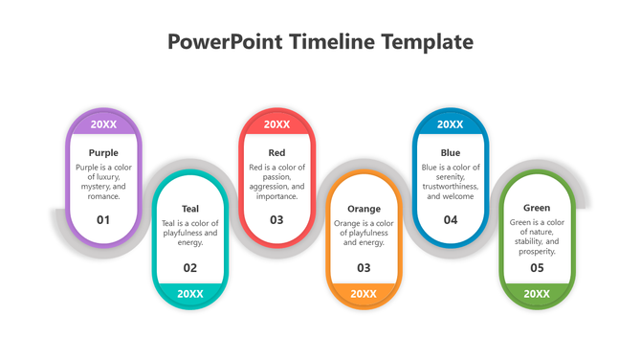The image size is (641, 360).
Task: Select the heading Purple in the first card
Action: coord(103,152)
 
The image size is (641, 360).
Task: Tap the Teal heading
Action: coord(190,208)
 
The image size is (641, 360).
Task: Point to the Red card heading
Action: coord(276,152)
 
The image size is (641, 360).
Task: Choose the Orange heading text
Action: coord(364,208)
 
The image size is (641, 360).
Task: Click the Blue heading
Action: coord(451,152)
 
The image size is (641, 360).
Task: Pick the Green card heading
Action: coord(537,208)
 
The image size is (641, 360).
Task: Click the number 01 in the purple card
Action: coord(103,219)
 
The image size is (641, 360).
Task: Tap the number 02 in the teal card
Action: coord(190,268)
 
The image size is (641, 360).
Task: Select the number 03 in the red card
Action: coord(276,219)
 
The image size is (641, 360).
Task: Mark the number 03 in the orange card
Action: coord(364,268)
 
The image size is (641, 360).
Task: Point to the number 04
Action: coord(451,219)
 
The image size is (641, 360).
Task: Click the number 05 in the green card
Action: coord(537,268)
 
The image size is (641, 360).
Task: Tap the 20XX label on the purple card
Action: coord(103,124)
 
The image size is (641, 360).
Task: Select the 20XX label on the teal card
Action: coord(190,294)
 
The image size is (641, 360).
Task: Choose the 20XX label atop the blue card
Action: coord(451,124)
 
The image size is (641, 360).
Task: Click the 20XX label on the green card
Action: coord(537,294)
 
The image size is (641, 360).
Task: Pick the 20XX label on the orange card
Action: coord(364,294)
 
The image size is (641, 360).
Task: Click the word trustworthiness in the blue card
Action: coord(451,187)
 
